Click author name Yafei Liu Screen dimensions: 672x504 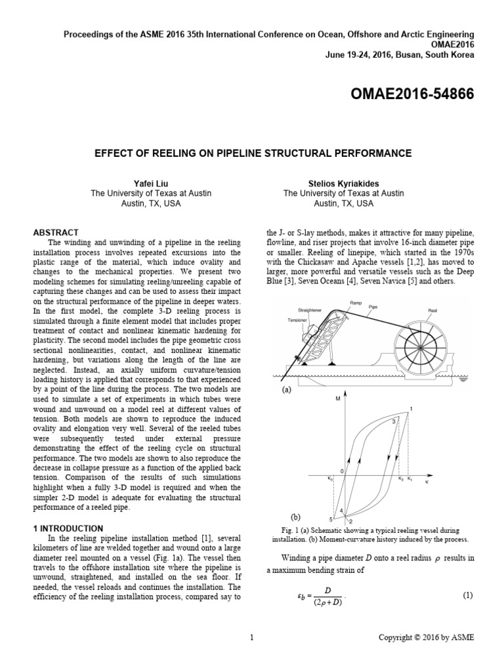click(146, 183)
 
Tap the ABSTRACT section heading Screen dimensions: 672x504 click(56, 232)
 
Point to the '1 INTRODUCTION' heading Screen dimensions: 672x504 click(68, 528)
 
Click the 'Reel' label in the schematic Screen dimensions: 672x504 click(432, 310)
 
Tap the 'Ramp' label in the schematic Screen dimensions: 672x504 click(356, 303)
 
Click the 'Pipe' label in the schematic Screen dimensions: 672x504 click(373, 306)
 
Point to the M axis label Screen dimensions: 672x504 click(337, 399)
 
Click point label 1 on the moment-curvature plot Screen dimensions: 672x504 click(411, 409)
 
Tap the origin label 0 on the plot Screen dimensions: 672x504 click(341, 472)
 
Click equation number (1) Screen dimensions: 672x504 click(467, 596)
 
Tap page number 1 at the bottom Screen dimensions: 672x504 click(252, 637)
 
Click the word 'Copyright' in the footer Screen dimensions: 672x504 click(398, 637)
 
